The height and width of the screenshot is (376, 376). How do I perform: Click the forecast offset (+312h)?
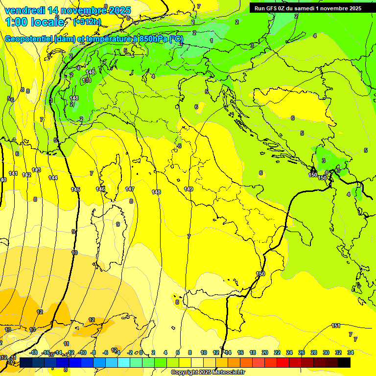(x=87, y=22)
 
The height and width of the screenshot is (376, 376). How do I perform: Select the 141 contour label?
(x=13, y=174)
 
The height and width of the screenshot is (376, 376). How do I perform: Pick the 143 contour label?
(x=36, y=170)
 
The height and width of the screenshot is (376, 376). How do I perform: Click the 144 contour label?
(x=53, y=178)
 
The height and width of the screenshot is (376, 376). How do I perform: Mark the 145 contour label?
(x=75, y=189)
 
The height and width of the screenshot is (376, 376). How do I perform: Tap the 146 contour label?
(x=100, y=189)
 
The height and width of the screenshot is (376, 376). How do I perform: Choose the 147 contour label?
(x=130, y=189)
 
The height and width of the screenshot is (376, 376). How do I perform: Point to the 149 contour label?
(x=188, y=189)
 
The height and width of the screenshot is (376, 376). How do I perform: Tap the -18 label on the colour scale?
(x=34, y=352)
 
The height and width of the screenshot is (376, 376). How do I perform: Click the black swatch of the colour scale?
(x=344, y=362)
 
